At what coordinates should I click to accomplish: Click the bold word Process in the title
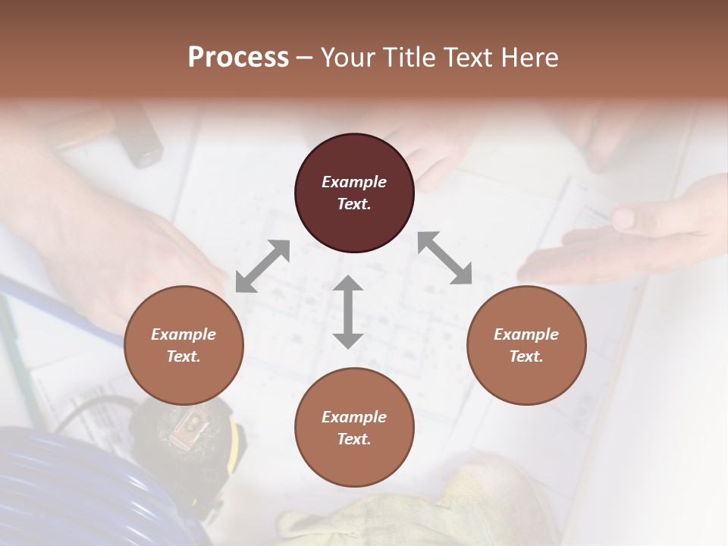[x=238, y=58]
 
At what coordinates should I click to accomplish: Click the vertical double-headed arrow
[x=348, y=312]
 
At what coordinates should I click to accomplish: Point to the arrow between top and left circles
[x=262, y=266]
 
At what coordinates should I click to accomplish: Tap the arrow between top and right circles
[x=444, y=258]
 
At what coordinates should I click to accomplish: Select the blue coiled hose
[x=76, y=485]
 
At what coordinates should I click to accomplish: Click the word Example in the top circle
[x=354, y=182]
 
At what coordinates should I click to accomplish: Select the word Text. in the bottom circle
[x=354, y=439]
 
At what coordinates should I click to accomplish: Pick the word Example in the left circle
[x=184, y=334]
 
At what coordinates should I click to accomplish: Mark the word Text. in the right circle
[x=526, y=356]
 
